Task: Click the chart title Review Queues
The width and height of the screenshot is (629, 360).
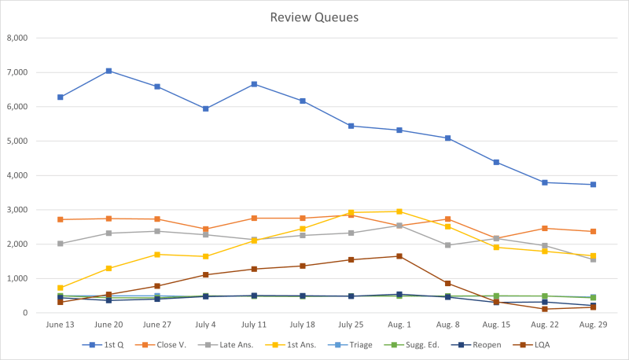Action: coord(314,17)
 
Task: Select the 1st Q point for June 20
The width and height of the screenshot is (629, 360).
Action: coord(109,71)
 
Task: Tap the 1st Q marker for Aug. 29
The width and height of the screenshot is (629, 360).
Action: coord(594,185)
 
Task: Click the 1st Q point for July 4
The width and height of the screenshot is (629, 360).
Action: coord(205,108)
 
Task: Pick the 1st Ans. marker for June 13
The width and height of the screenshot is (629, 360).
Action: coord(61,288)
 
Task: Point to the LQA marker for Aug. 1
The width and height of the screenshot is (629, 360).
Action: coord(399,256)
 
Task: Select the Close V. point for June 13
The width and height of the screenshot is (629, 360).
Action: coord(61,219)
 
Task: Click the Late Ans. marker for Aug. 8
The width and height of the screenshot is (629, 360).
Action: coord(448,245)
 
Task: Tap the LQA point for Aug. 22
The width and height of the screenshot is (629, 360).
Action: coord(545,309)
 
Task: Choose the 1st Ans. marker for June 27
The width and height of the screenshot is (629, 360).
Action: coord(157,255)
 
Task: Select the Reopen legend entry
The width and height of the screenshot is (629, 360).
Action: coord(477,345)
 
